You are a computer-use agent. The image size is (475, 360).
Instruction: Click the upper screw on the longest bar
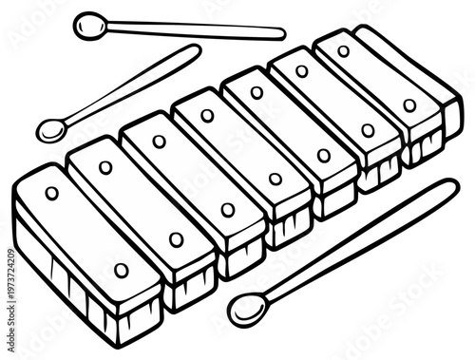point(51,193)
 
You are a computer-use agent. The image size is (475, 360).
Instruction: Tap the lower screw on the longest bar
point(121,271)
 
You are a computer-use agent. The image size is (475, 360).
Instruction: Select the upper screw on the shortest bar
point(344,51)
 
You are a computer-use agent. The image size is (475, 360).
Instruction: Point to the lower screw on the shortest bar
point(409,105)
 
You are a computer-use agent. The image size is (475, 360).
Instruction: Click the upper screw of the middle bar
point(207,116)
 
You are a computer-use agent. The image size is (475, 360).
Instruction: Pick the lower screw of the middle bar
point(275,179)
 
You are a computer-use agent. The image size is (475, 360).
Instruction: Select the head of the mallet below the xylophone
point(246,309)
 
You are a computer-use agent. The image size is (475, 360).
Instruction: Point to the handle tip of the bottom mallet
point(451,186)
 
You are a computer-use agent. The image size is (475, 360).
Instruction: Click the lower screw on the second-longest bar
point(176,239)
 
